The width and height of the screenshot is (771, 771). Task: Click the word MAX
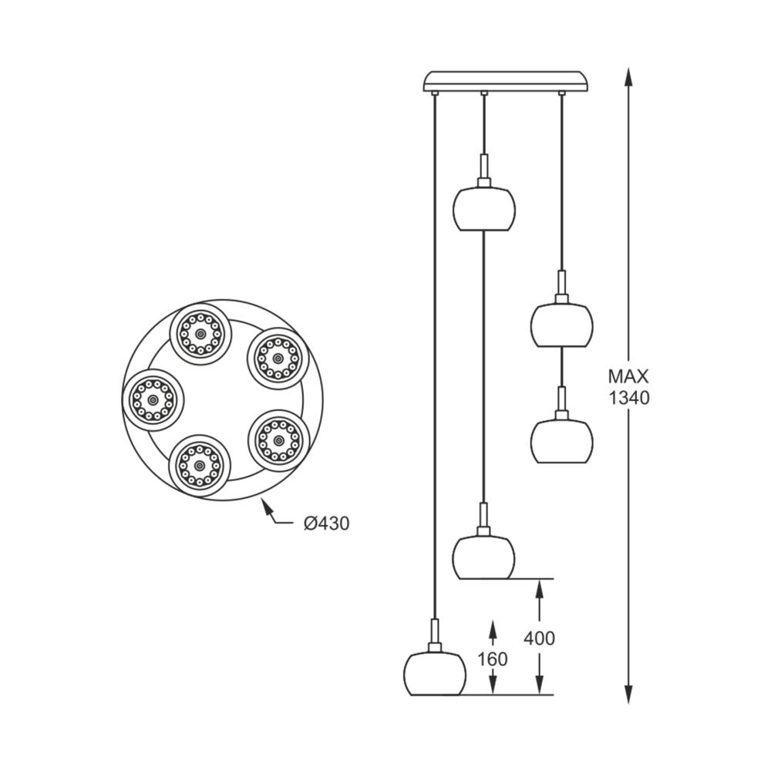tap(628, 377)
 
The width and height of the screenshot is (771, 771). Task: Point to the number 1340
tap(628, 398)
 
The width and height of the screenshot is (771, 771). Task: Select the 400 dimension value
tap(539, 638)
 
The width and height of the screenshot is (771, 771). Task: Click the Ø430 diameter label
tap(326, 524)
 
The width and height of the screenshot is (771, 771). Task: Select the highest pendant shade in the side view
tap(484, 208)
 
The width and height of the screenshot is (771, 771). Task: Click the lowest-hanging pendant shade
tap(436, 674)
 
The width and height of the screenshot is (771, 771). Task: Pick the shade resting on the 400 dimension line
tap(483, 557)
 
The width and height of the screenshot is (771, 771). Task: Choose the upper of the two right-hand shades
tap(561, 325)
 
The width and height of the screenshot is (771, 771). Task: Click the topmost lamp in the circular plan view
tap(200, 334)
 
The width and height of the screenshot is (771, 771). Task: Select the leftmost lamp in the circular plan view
tap(153, 400)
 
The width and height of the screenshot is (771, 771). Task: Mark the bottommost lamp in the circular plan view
tap(200, 466)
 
